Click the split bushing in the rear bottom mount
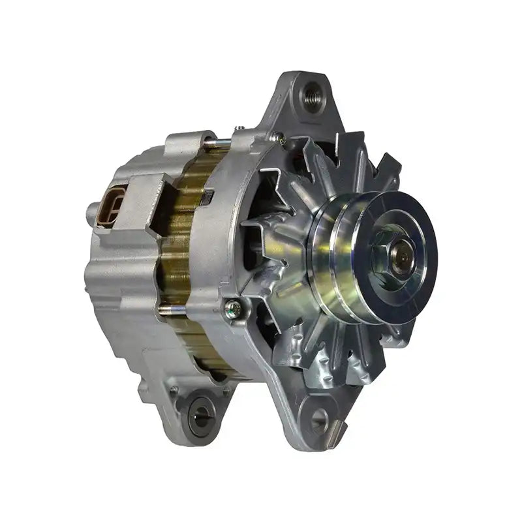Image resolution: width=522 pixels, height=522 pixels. [201, 411]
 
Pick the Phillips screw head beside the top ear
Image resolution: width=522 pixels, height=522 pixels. [280, 138]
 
